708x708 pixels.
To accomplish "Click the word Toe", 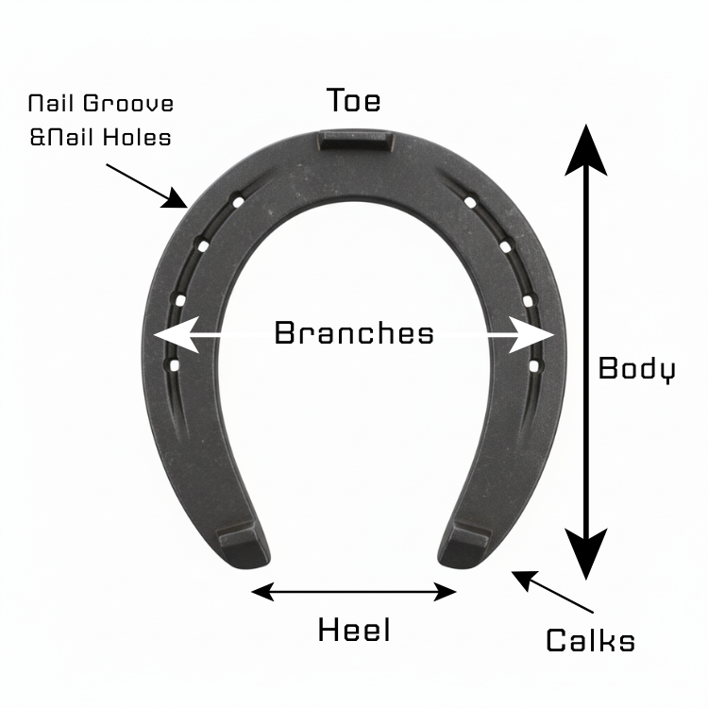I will [354, 100].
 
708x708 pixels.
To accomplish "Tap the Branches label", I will [354, 332].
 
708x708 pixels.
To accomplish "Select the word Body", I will [636, 368].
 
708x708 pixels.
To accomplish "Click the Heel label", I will [354, 630].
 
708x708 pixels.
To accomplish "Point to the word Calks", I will [590, 641].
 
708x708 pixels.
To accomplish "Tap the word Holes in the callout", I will [138, 137].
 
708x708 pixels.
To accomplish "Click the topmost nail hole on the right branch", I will [470, 200].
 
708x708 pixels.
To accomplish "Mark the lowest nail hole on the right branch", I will [533, 363].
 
